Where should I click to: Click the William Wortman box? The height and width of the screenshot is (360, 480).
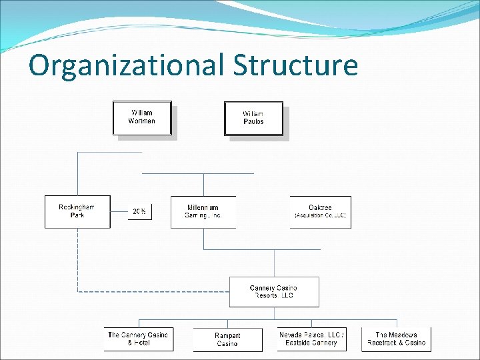pos(142,117)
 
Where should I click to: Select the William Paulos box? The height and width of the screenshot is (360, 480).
pos(253,118)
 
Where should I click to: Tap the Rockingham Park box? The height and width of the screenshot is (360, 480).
pos(77,211)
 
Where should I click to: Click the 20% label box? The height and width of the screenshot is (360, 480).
pos(139,211)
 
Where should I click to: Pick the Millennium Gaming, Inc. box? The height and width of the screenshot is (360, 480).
pos(203,211)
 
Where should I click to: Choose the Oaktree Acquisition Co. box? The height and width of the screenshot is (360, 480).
pos(320,211)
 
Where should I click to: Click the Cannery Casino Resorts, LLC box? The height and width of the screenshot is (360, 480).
pos(274,292)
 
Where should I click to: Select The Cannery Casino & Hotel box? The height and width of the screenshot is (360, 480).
pos(138,339)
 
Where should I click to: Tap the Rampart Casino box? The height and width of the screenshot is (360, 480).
pos(227,339)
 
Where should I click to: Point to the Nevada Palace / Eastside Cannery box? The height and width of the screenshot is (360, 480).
pos(311,339)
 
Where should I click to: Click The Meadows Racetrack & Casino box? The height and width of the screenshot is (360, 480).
pos(396,339)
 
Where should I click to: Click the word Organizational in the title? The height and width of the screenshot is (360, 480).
pos(127,66)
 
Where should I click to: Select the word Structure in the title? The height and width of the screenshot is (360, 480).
pos(295,66)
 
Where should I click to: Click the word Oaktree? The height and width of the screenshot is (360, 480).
pos(321,207)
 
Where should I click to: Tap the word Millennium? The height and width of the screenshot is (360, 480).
pos(203,207)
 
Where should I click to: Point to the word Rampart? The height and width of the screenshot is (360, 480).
pos(227,335)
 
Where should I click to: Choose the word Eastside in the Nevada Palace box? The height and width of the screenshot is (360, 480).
pos(298,343)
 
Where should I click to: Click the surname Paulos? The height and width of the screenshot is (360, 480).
pos(253,122)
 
